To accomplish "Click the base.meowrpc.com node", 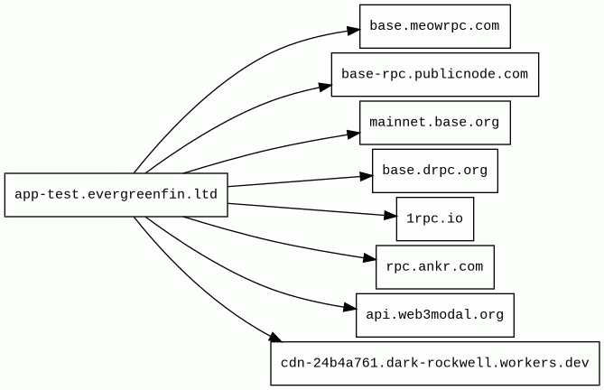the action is tap(435, 26).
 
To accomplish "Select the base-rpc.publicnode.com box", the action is tap(435, 75).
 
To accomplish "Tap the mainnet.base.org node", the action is tap(435, 123).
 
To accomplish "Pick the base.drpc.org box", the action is tap(435, 171).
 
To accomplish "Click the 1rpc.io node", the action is tap(435, 219).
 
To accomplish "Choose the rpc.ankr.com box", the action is tap(435, 267).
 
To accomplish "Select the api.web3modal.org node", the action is tap(435, 315).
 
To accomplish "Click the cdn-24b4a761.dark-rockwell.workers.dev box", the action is tap(435, 364).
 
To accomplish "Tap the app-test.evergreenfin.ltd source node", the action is tap(116, 195).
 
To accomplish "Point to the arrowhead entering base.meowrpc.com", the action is tap(354, 31).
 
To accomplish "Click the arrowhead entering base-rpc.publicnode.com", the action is tap(326, 87).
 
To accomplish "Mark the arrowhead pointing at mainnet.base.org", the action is tap(354, 134).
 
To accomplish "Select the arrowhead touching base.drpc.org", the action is tap(367, 176).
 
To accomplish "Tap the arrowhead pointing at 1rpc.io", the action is tap(390, 216).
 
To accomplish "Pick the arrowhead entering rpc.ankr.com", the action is tap(370, 259).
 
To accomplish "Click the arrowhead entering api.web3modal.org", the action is tap(349, 308).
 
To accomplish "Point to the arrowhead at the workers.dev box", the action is tap(275, 338).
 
